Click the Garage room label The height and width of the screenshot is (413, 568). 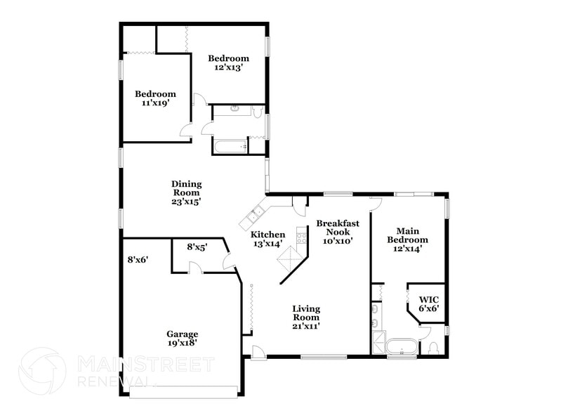182,339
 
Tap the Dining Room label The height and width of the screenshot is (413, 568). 186,192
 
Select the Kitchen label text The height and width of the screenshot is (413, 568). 268,239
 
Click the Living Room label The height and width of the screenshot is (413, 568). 306,317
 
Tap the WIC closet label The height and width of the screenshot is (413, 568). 428,302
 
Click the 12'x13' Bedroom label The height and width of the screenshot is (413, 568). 229,63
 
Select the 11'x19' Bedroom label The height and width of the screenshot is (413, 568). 155,98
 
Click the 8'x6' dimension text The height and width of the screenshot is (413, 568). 138,259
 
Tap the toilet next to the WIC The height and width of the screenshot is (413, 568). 433,348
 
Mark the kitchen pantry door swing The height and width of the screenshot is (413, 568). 300,206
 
